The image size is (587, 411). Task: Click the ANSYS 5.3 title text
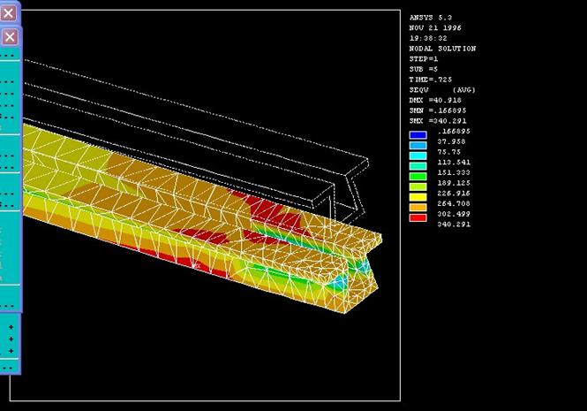pos(430,18)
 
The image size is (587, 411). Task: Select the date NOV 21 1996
pos(435,27)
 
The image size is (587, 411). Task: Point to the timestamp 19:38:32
pos(428,38)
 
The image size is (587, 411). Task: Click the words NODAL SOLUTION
pos(442,49)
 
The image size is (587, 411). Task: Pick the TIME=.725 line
pos(431,80)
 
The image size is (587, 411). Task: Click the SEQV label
pos(418,90)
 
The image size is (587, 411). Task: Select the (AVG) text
pos(463,90)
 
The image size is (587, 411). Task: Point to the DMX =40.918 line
pos(435,100)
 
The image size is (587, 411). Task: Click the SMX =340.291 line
pos(438,121)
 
